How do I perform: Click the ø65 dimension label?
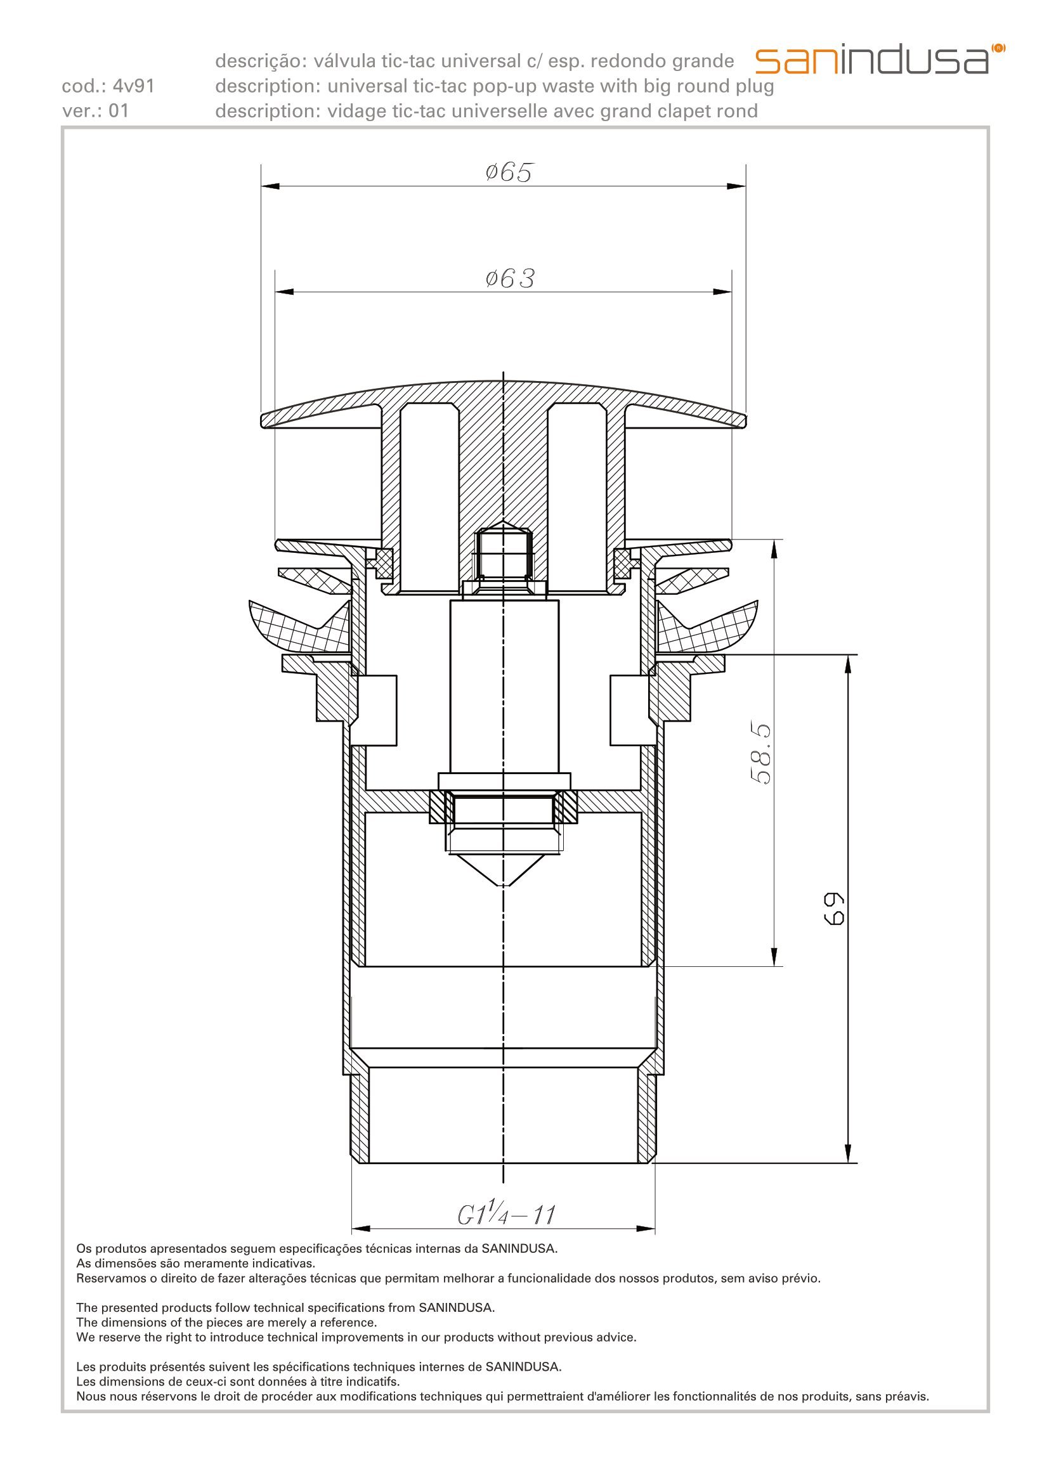tap(509, 172)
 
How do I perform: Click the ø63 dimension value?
tap(511, 279)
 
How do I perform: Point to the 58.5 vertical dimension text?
tap(762, 754)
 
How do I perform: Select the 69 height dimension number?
tap(835, 909)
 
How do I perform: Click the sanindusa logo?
tap(880, 60)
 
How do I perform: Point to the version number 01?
tap(118, 111)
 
